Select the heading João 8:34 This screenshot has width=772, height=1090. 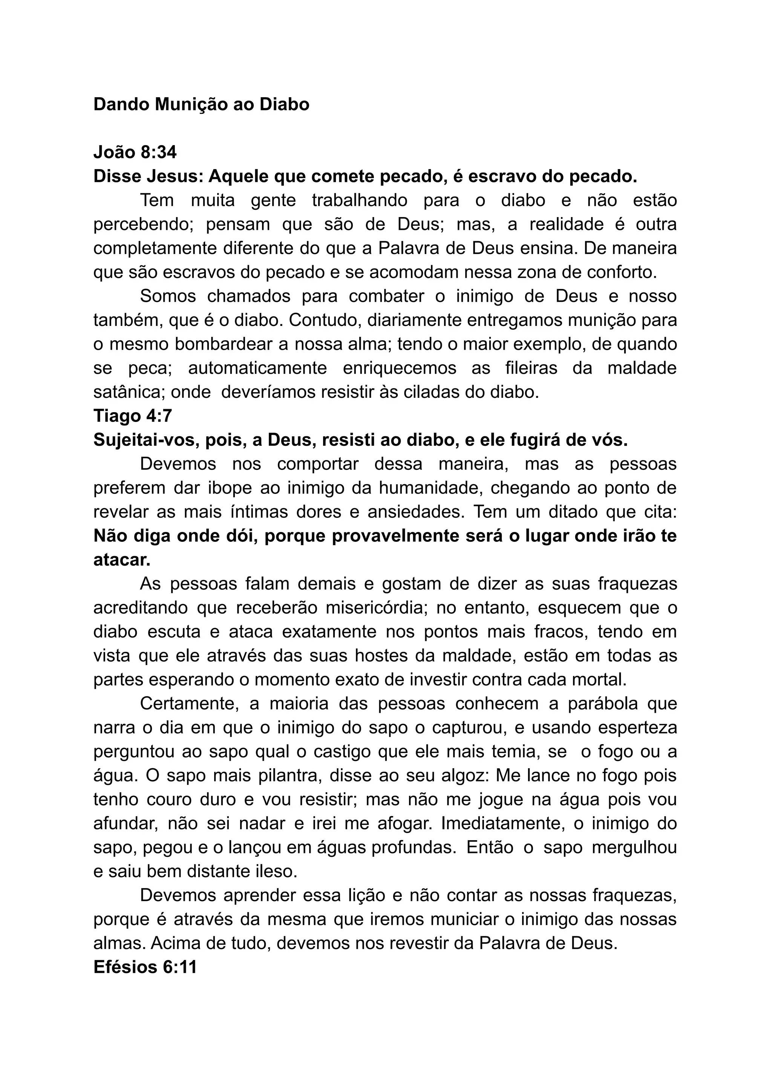135,153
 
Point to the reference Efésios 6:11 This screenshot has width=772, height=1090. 145,967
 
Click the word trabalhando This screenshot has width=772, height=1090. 360,200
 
